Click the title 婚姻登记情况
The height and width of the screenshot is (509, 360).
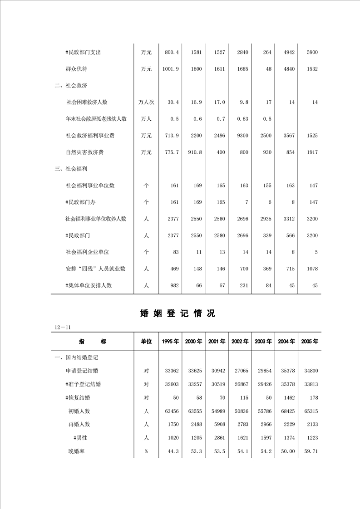(178, 313)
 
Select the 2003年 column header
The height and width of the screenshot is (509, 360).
(263, 341)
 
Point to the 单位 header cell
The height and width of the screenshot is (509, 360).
(146, 341)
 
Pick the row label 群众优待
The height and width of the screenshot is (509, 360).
(76, 69)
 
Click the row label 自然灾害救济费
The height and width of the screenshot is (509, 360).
(84, 152)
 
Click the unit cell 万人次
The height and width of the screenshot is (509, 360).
(146, 102)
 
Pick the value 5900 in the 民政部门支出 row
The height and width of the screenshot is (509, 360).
(312, 52)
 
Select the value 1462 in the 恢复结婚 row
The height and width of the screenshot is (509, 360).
(289, 397)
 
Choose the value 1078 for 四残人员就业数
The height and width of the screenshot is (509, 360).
(312, 269)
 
